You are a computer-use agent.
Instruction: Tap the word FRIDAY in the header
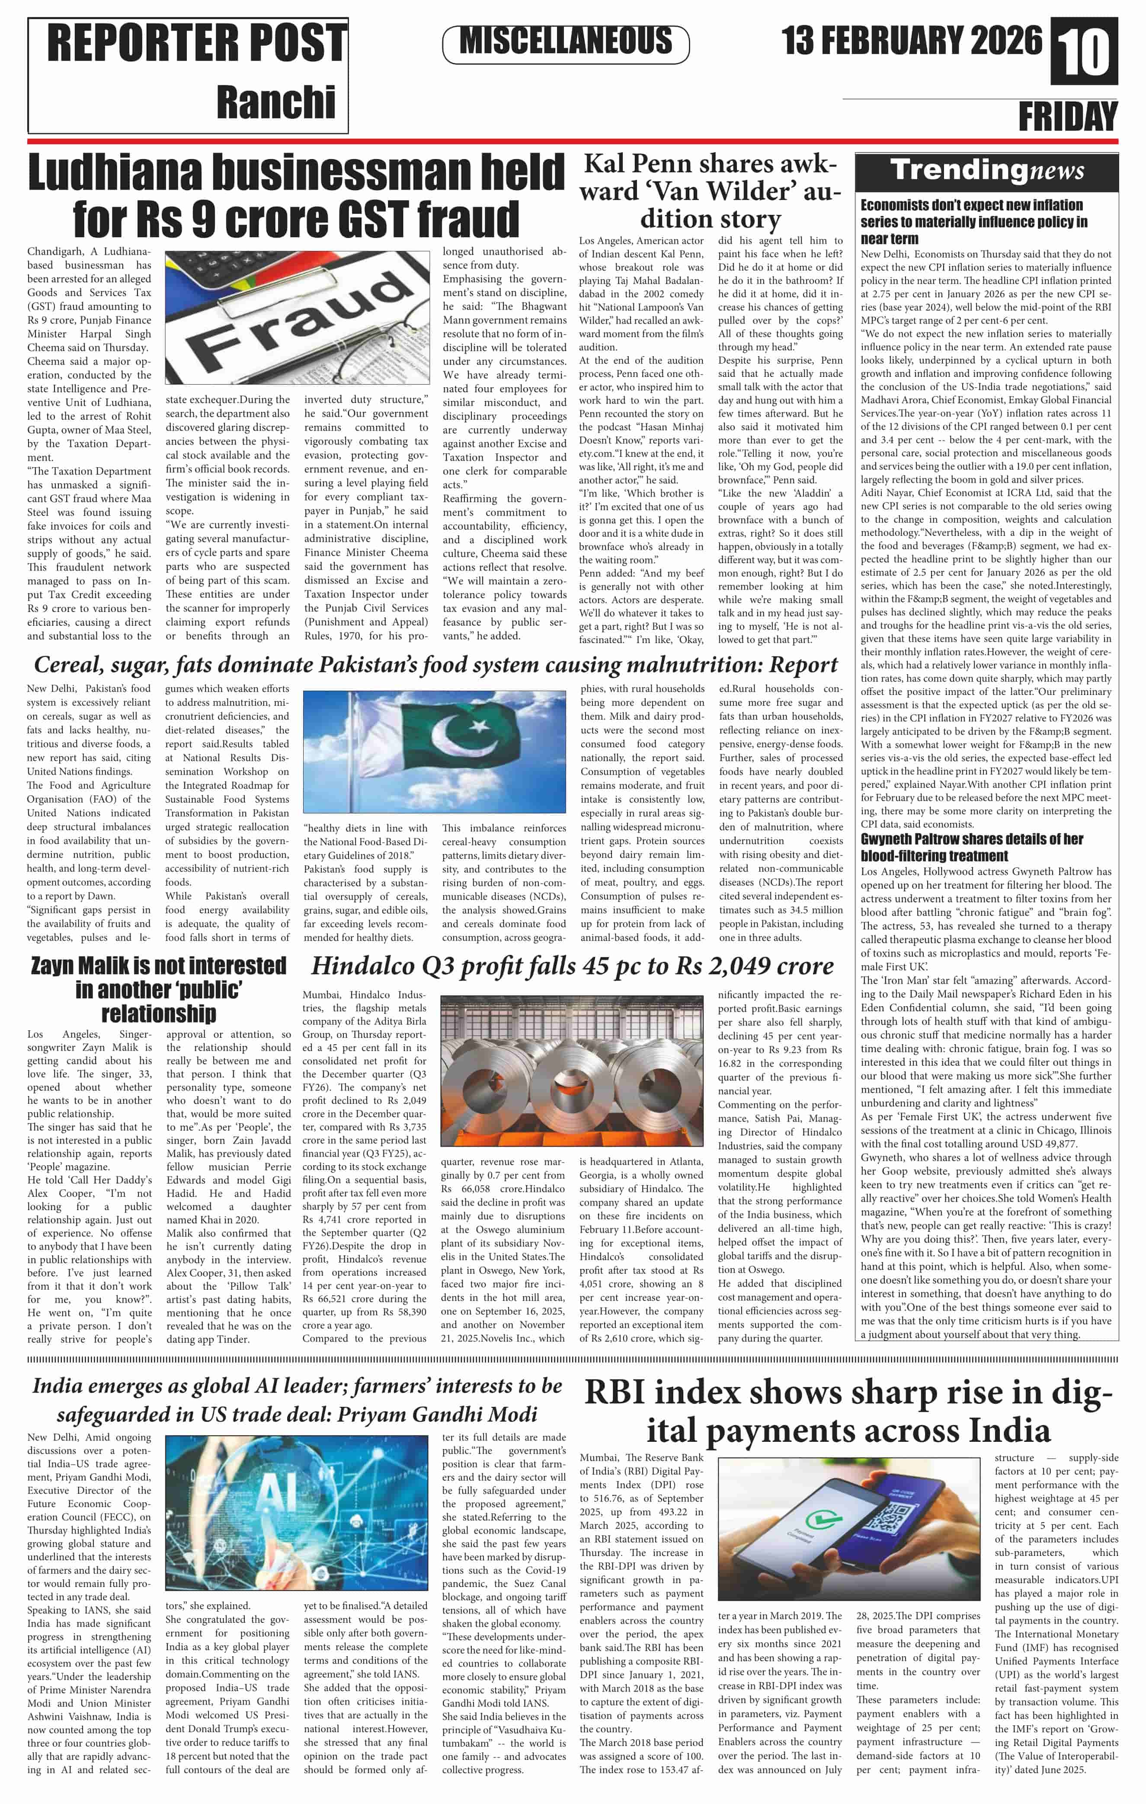(x=1067, y=117)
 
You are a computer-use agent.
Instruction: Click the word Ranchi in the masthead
(x=276, y=102)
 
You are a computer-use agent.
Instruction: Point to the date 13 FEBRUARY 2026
(x=912, y=41)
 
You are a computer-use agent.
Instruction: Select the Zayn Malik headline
(x=158, y=989)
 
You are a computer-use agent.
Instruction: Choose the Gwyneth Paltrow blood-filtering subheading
(x=971, y=847)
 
